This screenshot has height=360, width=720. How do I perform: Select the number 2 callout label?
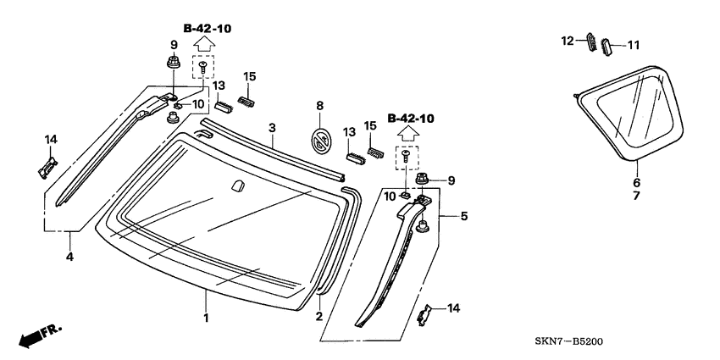[318, 317]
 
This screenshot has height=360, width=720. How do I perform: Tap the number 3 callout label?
[272, 128]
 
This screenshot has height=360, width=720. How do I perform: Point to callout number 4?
[69, 256]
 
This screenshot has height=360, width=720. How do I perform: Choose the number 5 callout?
[463, 216]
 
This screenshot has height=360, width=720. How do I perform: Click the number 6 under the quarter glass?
[636, 181]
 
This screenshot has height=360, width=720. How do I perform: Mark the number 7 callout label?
[636, 196]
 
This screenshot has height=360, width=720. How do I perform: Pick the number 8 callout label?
[320, 106]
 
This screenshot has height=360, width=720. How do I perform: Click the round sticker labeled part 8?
[320, 141]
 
